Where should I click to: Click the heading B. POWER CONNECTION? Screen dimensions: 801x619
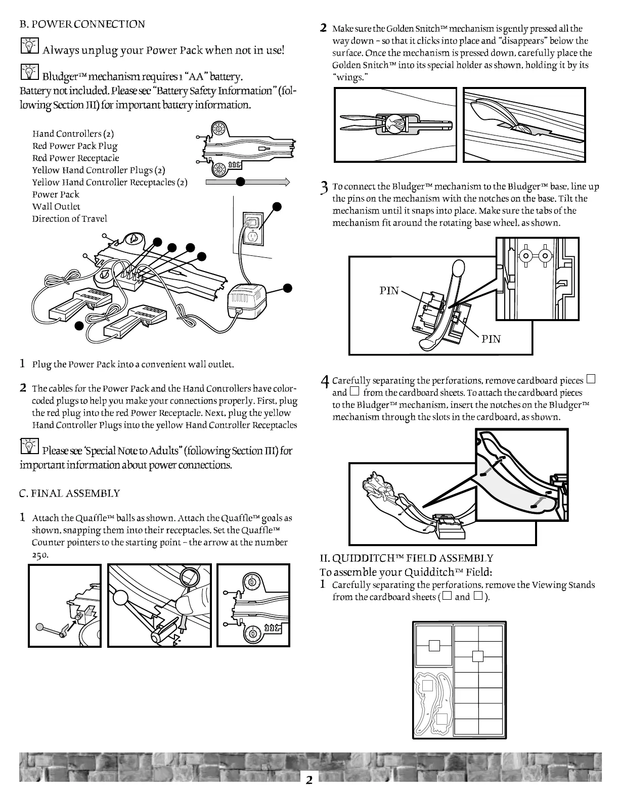click(x=82, y=24)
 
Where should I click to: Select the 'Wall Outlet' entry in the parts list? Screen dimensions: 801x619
click(x=56, y=206)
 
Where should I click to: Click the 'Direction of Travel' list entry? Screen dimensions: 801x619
click(x=70, y=218)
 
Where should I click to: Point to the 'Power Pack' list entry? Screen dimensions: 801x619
click(x=56, y=194)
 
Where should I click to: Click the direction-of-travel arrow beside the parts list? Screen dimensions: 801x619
click(x=247, y=182)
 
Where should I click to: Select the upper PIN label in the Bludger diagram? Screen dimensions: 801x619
click(x=389, y=290)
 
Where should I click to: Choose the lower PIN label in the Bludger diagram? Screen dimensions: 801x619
click(x=491, y=339)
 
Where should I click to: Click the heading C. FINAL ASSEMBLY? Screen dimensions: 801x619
click(x=70, y=493)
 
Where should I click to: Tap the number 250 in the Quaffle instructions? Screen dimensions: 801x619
click(x=40, y=555)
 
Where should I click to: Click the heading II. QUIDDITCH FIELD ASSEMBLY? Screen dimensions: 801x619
click(x=406, y=558)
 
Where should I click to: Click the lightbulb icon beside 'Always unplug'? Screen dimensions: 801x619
click(x=29, y=48)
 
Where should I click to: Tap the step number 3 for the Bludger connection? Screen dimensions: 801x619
click(x=325, y=188)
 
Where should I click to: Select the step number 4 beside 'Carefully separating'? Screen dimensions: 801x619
click(x=325, y=381)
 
